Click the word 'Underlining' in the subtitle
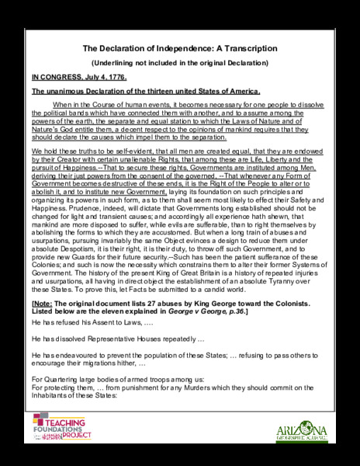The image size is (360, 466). (x=112, y=62)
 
